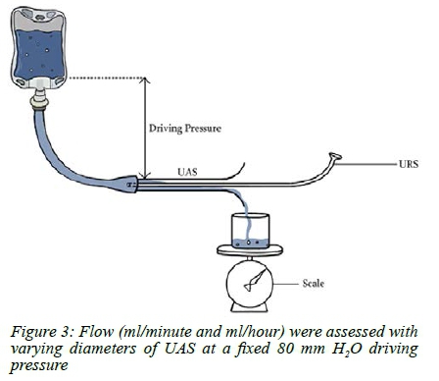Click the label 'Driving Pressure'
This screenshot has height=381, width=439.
point(185,128)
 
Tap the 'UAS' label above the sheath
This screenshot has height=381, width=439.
point(187,171)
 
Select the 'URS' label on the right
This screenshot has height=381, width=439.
point(409,164)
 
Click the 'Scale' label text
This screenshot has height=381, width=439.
point(314,283)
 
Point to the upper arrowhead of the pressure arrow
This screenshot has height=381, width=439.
point(145,81)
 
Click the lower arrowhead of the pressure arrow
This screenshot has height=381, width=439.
point(145,175)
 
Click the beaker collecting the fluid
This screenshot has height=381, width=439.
point(250,231)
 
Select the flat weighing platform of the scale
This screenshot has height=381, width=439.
point(250,249)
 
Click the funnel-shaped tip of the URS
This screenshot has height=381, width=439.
point(335,157)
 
